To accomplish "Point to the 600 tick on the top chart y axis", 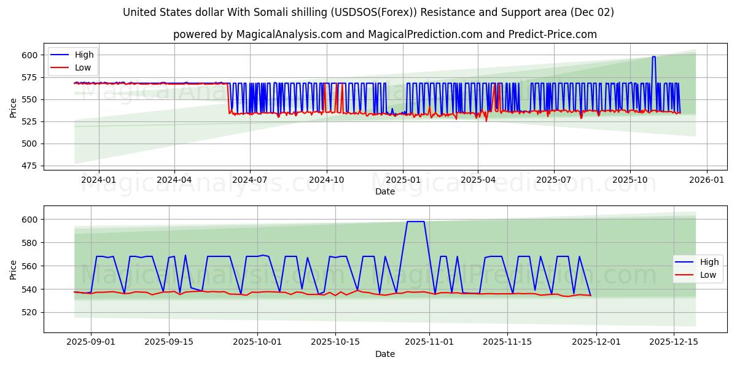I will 29,55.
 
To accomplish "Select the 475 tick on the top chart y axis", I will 29,166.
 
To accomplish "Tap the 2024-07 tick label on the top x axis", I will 250,180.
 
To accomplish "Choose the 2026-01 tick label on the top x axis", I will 706,180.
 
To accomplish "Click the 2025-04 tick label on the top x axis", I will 478,180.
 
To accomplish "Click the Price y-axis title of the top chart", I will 14,108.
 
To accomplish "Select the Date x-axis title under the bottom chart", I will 385,354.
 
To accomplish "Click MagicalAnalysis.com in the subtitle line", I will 289,34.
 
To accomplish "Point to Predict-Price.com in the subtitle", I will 552,34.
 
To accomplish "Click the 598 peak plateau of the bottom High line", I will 416,221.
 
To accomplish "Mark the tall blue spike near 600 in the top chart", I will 653,57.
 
